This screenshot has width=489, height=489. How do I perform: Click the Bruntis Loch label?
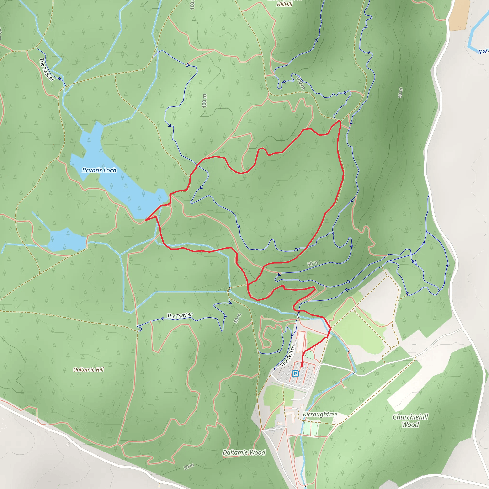click(x=99, y=170)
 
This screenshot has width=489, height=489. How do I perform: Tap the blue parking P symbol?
click(x=295, y=374)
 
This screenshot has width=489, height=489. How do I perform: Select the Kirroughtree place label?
click(x=320, y=414)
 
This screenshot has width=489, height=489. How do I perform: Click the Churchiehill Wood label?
click(x=410, y=421)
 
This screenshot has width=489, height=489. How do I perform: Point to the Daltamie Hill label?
click(x=89, y=370)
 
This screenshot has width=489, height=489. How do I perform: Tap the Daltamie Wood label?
click(x=244, y=452)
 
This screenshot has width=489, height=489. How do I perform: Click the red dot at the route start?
click(x=302, y=366)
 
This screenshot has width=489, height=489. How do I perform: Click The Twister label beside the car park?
click(x=288, y=355)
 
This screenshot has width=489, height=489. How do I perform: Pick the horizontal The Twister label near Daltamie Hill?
click(x=180, y=315)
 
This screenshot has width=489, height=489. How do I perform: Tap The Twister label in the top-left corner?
click(x=47, y=70)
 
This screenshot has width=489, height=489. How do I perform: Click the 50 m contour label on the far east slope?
click(x=400, y=93)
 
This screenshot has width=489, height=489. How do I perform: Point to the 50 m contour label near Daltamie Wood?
click(x=189, y=467)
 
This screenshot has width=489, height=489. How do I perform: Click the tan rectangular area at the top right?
click(x=459, y=15)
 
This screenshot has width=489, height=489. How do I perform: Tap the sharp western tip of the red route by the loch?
click(x=146, y=220)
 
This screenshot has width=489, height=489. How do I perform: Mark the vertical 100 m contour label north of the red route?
click(x=204, y=101)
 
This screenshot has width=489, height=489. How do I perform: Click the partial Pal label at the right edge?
click(x=484, y=51)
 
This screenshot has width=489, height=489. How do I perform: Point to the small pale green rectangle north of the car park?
click(x=309, y=355)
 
